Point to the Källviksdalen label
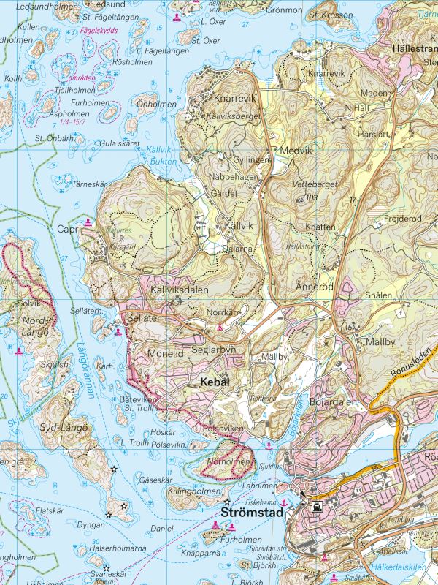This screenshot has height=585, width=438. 179,290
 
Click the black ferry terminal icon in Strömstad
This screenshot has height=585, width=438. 316,506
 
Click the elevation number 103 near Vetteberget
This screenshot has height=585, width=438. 312,198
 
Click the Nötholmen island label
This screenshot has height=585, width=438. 228,462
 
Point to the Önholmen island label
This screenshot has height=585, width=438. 157,105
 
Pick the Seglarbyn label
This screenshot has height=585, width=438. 214,350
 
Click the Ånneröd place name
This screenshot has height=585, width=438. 315,287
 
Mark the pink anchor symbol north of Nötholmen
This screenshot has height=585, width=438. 269,445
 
